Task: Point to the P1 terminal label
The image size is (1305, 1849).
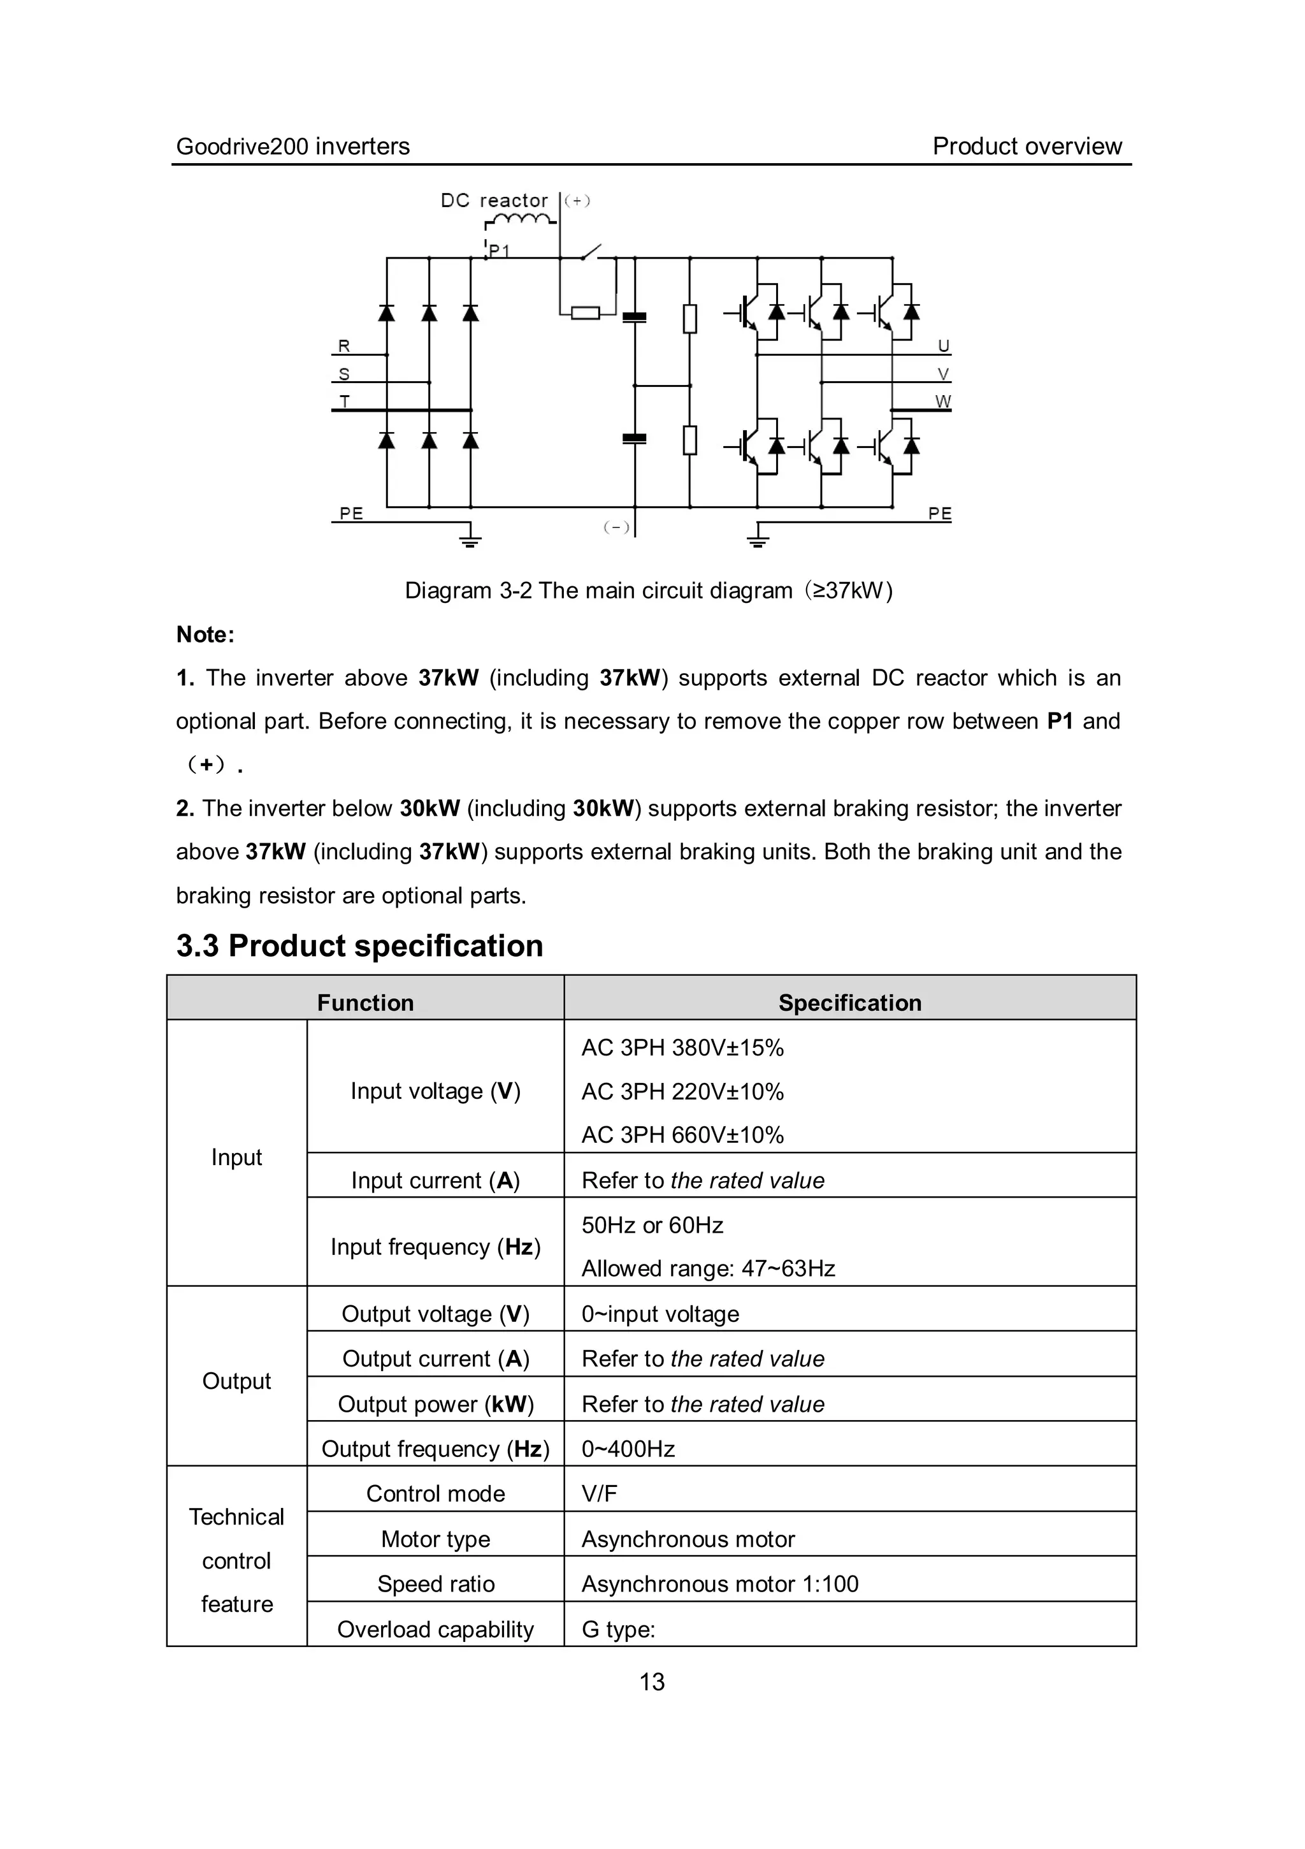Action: coord(499,251)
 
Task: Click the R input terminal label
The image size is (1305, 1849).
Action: coord(343,346)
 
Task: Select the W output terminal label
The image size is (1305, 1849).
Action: coord(942,401)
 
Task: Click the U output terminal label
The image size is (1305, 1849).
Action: coord(944,346)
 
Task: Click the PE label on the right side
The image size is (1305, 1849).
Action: coord(939,514)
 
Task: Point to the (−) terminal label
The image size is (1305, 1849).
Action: coord(617,528)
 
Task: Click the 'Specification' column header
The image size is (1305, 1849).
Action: coord(849,1003)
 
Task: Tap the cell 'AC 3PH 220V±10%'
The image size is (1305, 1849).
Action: coord(682,1091)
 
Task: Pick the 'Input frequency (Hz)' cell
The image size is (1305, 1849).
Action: coord(436,1247)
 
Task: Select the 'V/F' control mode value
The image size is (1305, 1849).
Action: coord(599,1494)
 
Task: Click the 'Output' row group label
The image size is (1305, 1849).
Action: coord(236,1381)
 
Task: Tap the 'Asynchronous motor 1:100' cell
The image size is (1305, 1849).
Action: coord(719,1584)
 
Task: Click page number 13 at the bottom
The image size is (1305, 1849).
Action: coord(652,1681)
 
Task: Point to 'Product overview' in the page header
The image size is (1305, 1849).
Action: coord(1027,147)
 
